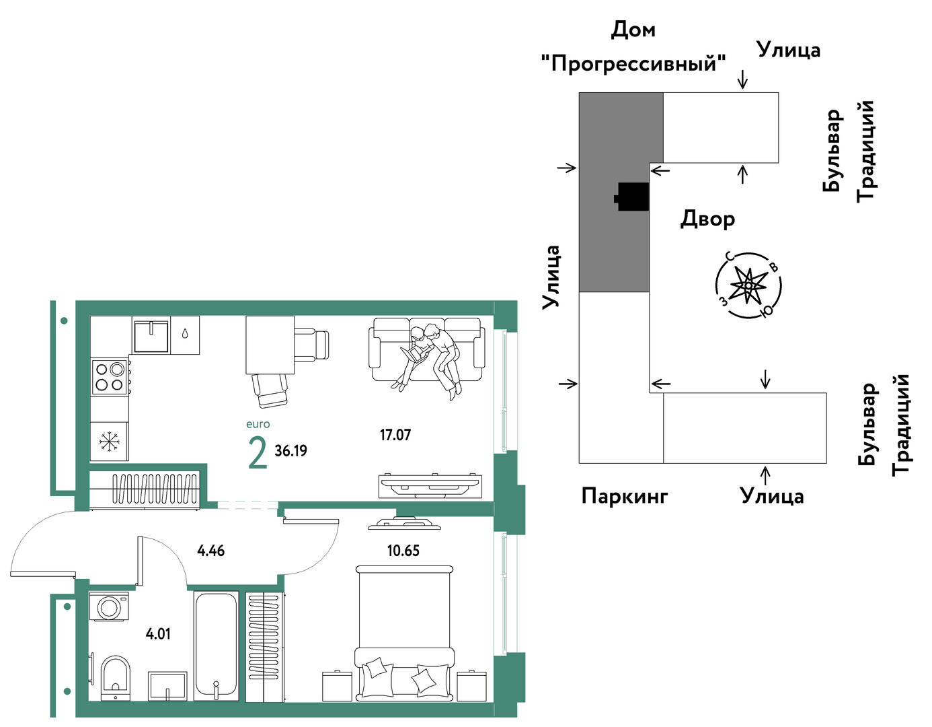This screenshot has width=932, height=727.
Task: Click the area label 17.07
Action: pyautogui.click(x=395, y=435)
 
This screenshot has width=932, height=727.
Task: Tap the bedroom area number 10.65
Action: pyautogui.click(x=403, y=550)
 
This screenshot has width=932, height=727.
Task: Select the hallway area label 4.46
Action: pyautogui.click(x=210, y=550)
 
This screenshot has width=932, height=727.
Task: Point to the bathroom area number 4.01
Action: pyautogui.click(x=158, y=633)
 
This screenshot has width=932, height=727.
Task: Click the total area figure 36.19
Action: pyautogui.click(x=290, y=450)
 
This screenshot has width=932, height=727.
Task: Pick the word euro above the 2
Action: pyautogui.click(x=258, y=424)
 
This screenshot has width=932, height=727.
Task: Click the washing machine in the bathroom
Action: pyautogui.click(x=109, y=607)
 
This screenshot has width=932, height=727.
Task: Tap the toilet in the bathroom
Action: pyautogui.click(x=116, y=678)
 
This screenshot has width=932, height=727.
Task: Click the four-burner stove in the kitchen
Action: pyautogui.click(x=110, y=376)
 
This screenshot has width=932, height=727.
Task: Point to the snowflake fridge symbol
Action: pyautogui.click(x=110, y=442)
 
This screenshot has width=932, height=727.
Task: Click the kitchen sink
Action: pyautogui.click(x=151, y=335)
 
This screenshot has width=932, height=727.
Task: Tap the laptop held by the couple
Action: pyautogui.click(x=414, y=355)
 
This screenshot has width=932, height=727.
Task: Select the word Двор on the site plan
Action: pyautogui.click(x=707, y=219)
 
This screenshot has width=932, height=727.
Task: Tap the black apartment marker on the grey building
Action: pyautogui.click(x=631, y=197)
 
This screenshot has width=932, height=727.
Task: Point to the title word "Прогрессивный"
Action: pyautogui.click(x=633, y=63)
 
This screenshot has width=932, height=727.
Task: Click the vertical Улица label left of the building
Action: pyautogui.click(x=551, y=277)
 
